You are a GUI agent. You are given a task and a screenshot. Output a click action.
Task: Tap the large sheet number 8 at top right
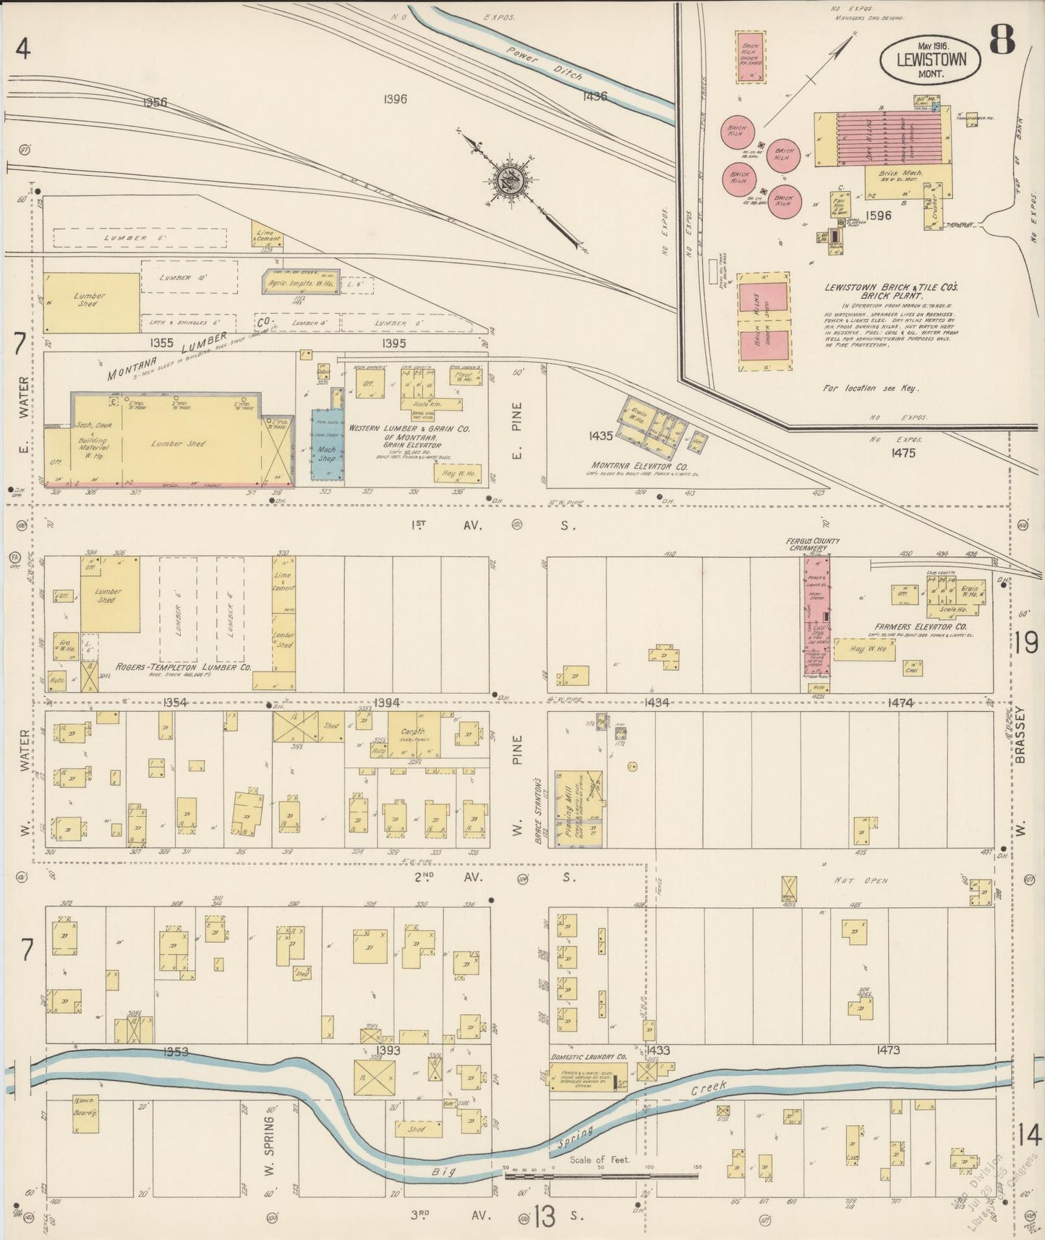1002,40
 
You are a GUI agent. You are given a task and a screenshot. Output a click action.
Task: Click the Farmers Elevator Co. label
912,626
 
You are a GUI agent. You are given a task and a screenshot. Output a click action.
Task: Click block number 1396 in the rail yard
396,99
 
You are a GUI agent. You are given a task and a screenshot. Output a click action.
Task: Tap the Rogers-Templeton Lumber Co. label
184,667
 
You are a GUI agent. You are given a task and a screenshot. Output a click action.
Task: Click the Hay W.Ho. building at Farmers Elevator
864,650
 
